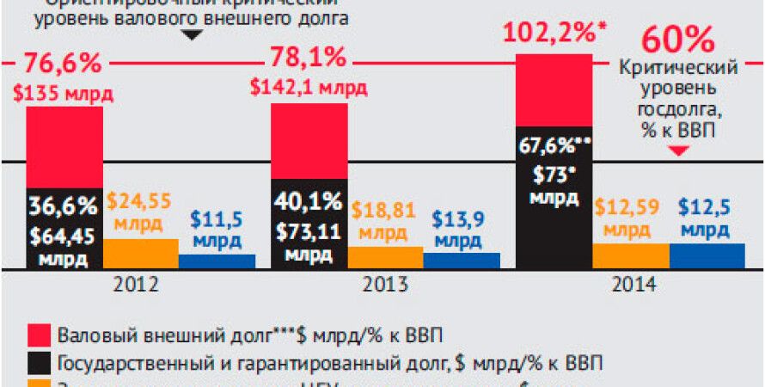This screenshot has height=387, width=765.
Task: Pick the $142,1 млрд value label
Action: (308, 86)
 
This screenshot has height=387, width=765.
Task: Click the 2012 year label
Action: (141, 284)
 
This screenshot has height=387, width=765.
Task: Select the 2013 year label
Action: (385, 284)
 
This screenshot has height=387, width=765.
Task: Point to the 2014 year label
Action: (632, 284)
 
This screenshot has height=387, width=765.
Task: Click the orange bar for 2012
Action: (140, 253)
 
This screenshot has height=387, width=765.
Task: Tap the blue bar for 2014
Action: (707, 255)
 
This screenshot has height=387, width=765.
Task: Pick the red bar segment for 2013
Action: (309, 141)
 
